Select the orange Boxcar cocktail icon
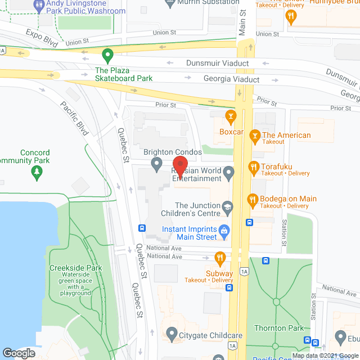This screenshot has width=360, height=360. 230,117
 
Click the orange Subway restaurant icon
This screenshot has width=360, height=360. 220,259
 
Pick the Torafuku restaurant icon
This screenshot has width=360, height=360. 254,167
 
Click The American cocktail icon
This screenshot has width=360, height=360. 255,136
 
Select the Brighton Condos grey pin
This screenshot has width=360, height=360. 157,164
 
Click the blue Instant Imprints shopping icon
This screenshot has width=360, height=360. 224,230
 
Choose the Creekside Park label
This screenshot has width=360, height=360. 75,268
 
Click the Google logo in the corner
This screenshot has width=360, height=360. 19,353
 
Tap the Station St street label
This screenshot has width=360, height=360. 285,228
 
